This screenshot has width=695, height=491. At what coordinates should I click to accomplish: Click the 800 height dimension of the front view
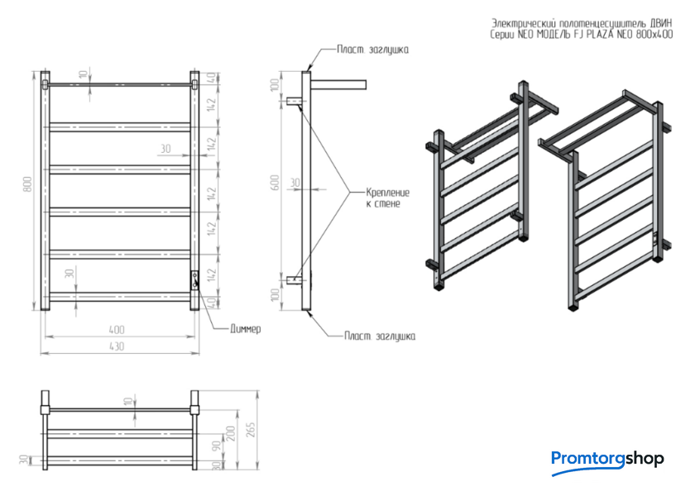point(26,186)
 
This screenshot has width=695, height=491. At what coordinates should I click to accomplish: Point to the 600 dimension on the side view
point(275,186)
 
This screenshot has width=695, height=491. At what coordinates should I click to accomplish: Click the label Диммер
point(245,329)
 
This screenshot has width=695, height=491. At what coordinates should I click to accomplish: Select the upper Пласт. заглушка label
point(372,50)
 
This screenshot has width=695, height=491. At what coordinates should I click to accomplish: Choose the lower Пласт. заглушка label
point(380,336)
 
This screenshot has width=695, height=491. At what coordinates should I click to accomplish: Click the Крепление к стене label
point(387,198)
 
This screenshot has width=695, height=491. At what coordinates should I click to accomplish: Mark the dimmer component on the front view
point(195,279)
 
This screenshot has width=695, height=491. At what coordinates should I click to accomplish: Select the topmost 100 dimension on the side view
point(275,85)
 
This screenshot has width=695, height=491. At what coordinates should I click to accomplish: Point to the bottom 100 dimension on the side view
point(275,296)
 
